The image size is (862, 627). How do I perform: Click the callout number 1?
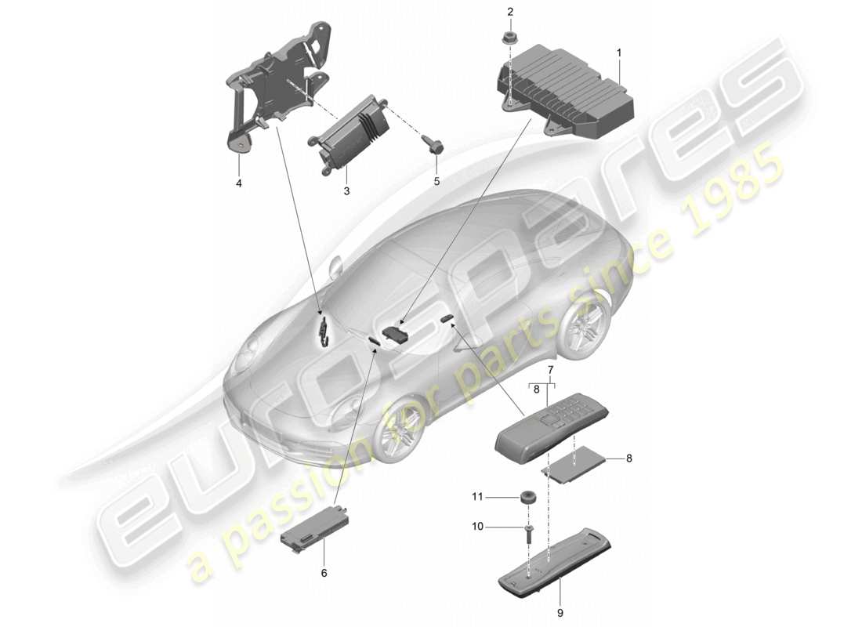tap(618, 53)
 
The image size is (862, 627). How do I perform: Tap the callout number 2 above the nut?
tap(509, 12)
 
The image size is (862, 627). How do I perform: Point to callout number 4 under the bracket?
tap(238, 183)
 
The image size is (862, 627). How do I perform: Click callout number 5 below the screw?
tap(437, 181)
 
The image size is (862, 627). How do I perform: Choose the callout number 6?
tap(324, 573)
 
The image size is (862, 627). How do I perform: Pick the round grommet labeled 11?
tap(527, 498)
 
